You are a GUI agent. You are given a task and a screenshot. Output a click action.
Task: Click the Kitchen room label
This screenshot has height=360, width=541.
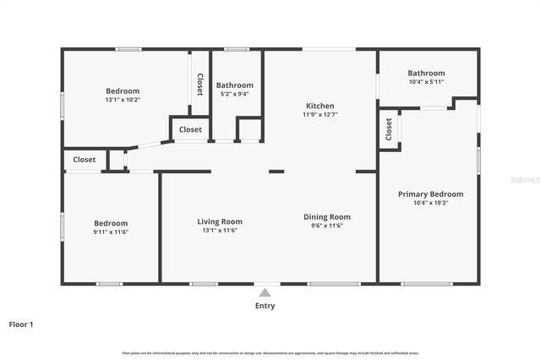point(320,106)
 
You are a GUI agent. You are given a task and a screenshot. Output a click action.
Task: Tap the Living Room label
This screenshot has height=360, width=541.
point(220,221)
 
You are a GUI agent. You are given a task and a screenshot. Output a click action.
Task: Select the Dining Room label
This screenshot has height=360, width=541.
point(327,217)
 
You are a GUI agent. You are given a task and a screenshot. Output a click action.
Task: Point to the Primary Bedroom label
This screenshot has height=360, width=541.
point(430,194)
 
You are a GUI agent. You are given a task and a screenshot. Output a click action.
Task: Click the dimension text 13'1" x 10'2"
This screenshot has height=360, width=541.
point(123,100)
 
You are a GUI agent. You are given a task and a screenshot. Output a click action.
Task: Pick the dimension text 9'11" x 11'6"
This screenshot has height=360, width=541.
point(111,232)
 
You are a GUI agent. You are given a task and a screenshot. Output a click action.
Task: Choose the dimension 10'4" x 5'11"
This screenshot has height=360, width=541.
point(426,82)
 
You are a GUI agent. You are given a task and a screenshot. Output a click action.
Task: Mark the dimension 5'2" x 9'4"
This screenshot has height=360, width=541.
point(234,94)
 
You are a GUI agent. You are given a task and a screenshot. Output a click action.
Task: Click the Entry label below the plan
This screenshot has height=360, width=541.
point(265,306)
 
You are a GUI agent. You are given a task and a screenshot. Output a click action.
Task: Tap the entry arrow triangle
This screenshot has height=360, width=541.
point(265,292)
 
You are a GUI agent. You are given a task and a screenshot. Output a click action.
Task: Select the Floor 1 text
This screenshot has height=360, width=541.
point(21,324)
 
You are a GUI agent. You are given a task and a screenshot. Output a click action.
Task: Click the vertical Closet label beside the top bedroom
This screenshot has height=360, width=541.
point(200,85)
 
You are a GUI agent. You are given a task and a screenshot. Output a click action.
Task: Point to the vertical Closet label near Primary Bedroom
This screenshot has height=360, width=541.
point(389,128)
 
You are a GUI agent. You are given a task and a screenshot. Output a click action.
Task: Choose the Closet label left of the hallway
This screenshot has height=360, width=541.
point(84,159)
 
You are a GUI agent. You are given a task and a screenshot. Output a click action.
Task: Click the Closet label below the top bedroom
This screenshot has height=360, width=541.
point(190,129)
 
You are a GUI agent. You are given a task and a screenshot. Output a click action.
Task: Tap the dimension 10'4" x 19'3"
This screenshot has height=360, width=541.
point(430,203)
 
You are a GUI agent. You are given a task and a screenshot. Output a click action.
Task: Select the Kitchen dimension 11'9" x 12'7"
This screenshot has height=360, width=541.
point(320,114)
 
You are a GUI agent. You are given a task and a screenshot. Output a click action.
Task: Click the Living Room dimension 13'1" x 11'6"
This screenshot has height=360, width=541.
point(220,230)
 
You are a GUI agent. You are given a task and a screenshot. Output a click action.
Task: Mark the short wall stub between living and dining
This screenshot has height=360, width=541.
point(276,172)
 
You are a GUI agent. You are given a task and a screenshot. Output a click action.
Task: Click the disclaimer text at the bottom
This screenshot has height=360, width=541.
point(270,352)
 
